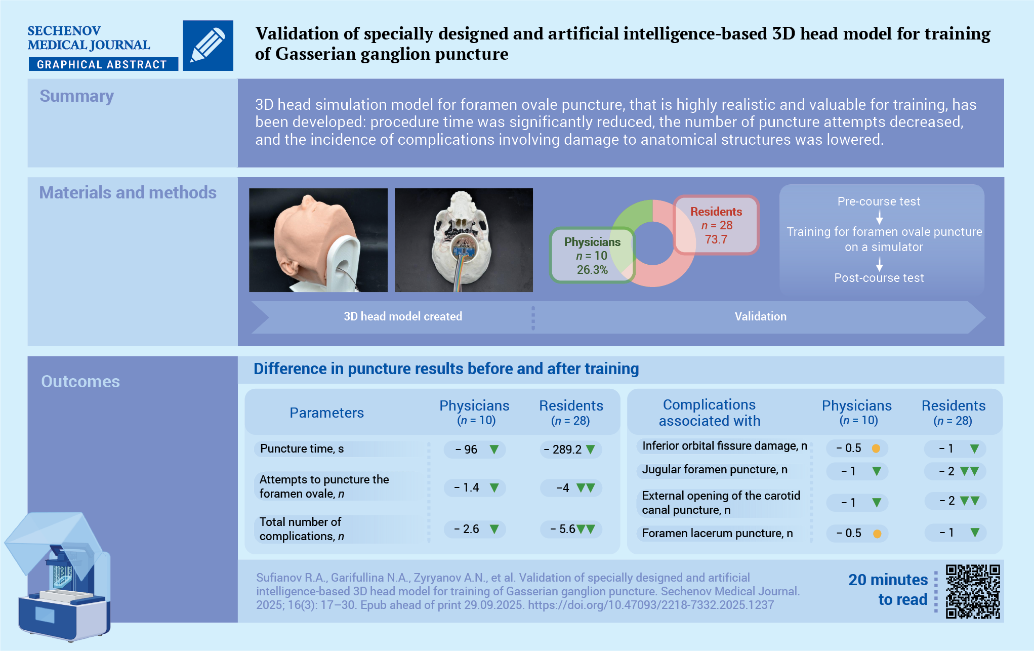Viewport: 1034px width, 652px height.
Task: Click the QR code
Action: (973, 591)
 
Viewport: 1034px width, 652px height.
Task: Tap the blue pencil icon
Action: (208, 46)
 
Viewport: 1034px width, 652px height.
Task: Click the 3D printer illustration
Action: (58, 577)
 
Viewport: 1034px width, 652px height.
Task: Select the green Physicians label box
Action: (592, 256)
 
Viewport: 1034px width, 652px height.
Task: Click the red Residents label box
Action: (716, 225)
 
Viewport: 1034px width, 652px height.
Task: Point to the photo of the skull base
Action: (464, 240)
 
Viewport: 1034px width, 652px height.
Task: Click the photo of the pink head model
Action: (318, 240)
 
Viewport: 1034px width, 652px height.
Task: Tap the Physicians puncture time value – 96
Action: (471, 450)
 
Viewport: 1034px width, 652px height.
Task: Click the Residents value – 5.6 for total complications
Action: (567, 529)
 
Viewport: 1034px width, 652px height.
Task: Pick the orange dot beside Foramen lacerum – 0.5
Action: (877, 534)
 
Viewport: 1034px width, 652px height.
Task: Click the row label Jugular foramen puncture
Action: (714, 470)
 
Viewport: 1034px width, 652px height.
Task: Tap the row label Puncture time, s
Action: (302, 449)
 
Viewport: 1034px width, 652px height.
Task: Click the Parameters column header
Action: (326, 413)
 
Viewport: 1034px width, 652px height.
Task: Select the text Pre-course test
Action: (879, 201)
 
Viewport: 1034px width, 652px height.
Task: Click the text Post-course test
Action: (879, 278)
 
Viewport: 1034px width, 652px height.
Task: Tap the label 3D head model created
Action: (403, 316)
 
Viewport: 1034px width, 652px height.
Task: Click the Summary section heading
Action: (77, 96)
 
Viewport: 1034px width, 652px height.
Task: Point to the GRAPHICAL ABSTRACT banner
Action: (102, 64)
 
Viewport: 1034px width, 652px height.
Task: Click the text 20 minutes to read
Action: (889, 590)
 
